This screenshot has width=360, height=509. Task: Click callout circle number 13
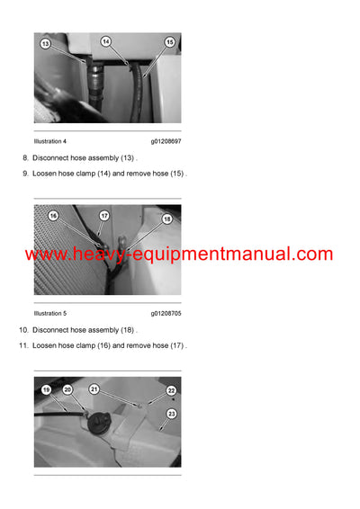point(45,43)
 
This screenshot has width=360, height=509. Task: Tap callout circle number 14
point(105,41)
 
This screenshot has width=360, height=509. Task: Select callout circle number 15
point(169,41)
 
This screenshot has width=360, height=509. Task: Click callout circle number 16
point(53,217)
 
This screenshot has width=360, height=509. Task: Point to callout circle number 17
point(104,216)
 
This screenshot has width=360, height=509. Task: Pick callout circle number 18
point(167,218)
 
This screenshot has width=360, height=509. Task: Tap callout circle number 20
point(67,389)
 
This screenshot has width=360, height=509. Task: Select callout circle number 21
point(94,388)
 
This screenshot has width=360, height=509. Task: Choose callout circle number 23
point(171,413)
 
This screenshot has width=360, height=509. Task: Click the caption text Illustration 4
point(50,141)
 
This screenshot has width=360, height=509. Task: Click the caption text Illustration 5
point(50,314)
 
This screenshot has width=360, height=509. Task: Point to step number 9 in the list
point(25,174)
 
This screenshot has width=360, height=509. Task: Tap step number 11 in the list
point(23,346)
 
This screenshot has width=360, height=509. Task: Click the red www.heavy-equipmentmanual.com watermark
point(179,254)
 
